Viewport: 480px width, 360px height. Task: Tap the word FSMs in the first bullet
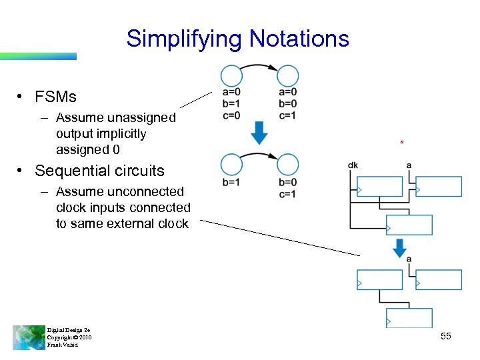click(x=56, y=97)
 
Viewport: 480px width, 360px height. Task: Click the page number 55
click(x=446, y=337)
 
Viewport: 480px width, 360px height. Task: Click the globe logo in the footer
click(x=29, y=337)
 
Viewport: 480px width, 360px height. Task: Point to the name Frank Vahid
click(x=62, y=345)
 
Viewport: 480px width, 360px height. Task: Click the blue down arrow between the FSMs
click(x=259, y=133)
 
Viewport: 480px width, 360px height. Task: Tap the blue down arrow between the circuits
click(x=400, y=247)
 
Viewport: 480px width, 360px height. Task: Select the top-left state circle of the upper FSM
click(x=231, y=75)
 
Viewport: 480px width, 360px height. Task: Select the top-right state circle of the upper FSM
click(x=288, y=75)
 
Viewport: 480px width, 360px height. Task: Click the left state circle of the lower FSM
click(x=231, y=164)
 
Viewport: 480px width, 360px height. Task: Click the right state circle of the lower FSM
click(x=288, y=164)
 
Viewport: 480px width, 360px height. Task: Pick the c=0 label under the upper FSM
click(x=231, y=115)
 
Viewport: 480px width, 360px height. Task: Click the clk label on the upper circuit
click(x=353, y=165)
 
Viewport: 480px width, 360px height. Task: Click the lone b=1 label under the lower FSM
click(x=231, y=183)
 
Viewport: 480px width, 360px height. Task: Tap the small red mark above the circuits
click(x=401, y=141)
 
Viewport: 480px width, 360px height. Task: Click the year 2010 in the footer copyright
click(x=85, y=337)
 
